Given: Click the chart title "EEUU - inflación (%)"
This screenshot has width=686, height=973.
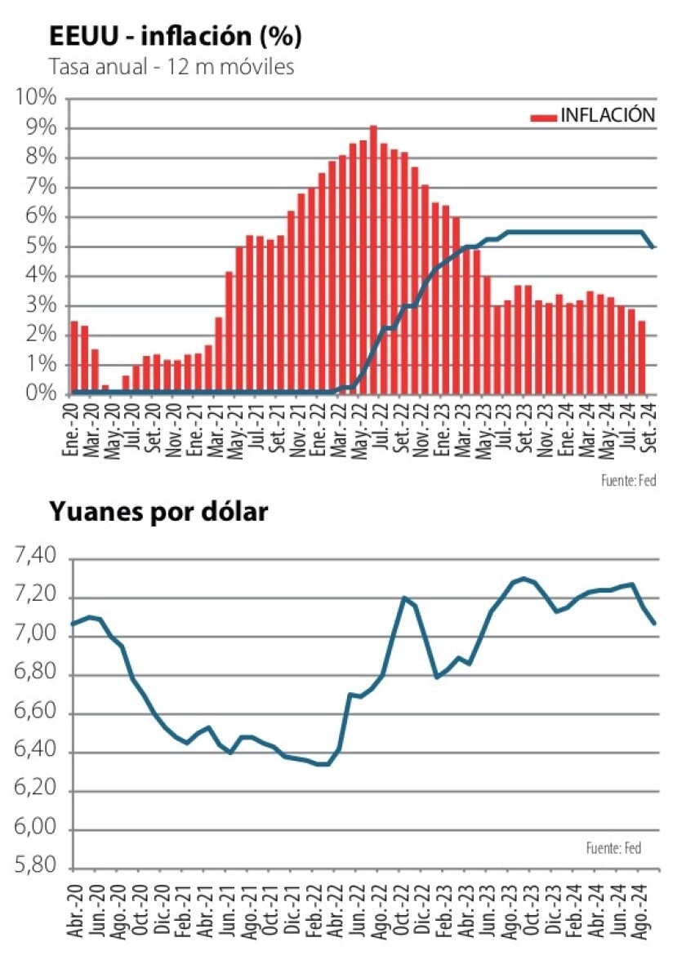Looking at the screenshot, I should pyautogui.click(x=176, y=37).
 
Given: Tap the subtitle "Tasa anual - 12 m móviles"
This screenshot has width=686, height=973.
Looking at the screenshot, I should pyautogui.click(x=171, y=68).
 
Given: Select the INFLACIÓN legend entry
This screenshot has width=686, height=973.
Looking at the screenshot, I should pyautogui.click(x=593, y=115).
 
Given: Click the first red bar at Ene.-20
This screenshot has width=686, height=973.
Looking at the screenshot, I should pyautogui.click(x=74, y=357).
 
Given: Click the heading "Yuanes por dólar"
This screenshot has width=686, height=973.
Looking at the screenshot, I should pyautogui.click(x=159, y=512).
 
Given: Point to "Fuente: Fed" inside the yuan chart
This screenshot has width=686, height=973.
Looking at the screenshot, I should pyautogui.click(x=613, y=849).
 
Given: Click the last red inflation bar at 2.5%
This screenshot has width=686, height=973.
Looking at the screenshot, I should pyautogui.click(x=642, y=357).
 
